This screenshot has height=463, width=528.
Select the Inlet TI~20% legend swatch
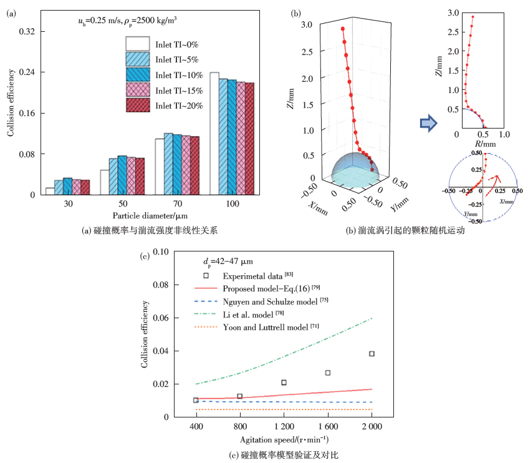pos(138,105)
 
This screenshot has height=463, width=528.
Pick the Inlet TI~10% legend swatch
pos(138,75)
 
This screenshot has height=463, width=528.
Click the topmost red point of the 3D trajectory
pos(343,29)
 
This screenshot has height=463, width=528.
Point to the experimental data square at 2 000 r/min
pos(372,354)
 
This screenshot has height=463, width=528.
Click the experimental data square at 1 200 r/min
pos(284,383)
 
